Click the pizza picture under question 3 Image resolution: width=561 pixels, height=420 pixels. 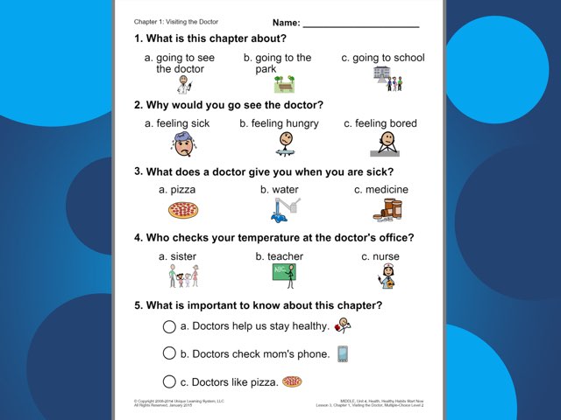click(x=183, y=210)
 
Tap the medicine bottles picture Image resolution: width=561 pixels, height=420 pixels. click(x=387, y=210)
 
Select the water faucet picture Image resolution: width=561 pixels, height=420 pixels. click(x=285, y=210)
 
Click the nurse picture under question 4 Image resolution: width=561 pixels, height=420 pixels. click(x=386, y=277)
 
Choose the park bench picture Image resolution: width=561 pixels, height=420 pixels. click(x=284, y=84)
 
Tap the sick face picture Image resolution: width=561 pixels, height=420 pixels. click(x=183, y=143)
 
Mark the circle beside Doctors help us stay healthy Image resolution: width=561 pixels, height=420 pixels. click(x=169, y=326)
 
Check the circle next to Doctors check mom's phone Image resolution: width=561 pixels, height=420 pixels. click(x=169, y=353)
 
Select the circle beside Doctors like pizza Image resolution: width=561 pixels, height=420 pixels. click(x=169, y=381)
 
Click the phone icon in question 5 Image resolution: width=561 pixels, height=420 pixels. click(x=343, y=353)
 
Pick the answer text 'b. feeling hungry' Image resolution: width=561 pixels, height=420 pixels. click(x=279, y=123)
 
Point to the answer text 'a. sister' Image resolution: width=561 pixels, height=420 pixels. click(x=177, y=256)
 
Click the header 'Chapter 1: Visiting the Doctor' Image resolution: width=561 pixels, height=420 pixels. click(x=176, y=21)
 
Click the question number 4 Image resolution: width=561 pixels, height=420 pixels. click(x=138, y=238)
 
